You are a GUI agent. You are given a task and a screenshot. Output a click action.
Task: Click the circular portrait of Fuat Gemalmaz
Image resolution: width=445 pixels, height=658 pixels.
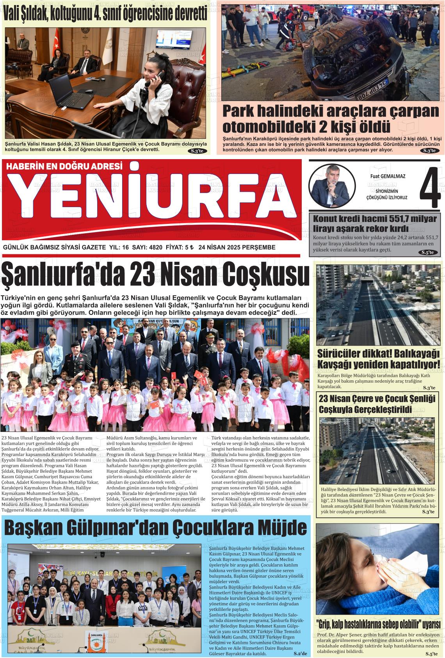tap(331, 185)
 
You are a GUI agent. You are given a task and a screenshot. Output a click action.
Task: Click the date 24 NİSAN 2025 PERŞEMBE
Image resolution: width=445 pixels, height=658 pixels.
tap(237, 247)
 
